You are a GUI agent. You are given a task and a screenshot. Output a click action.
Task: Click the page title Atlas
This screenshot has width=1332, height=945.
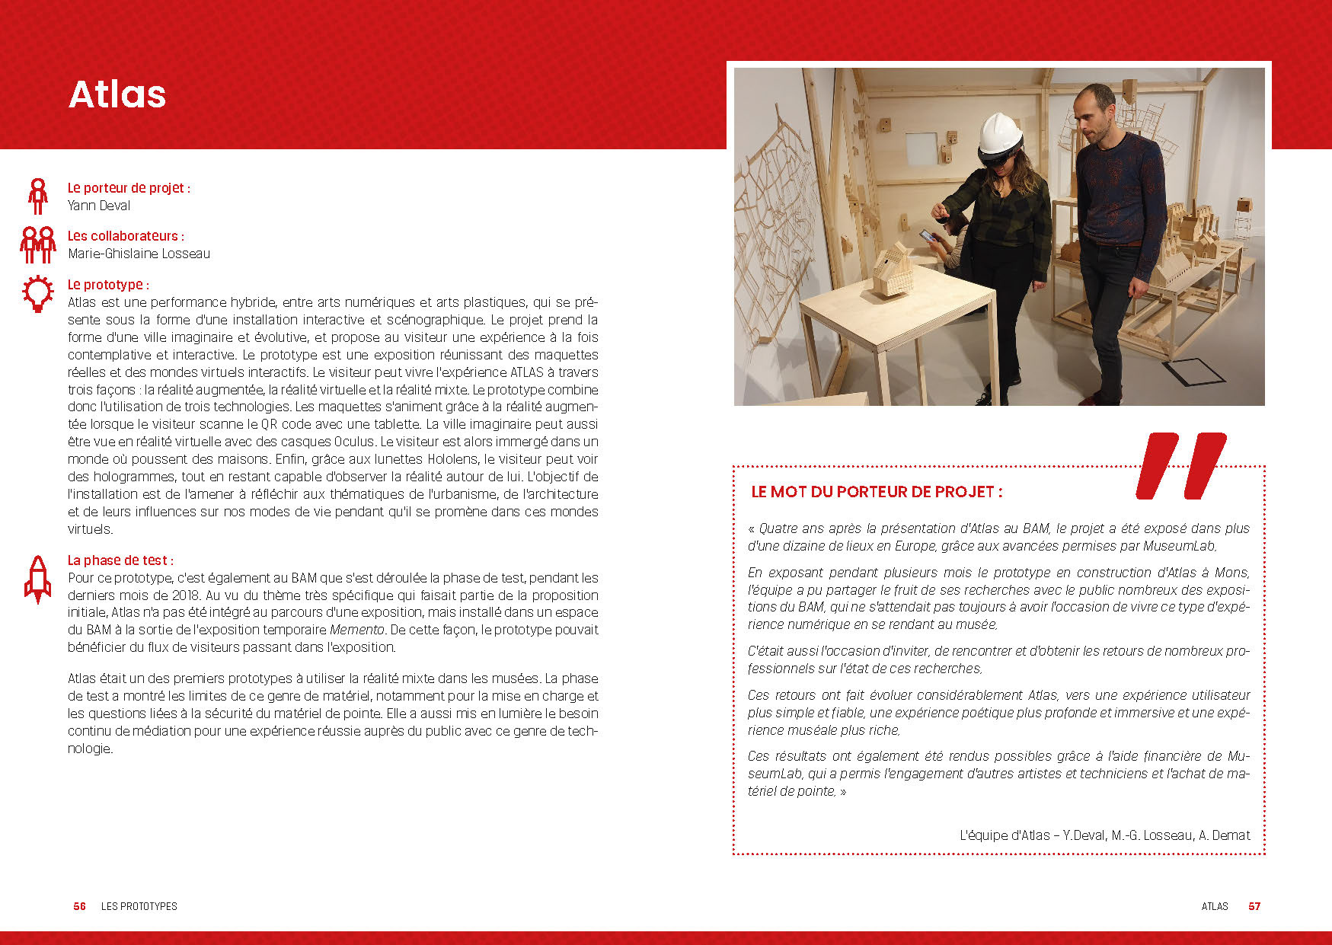pyautogui.click(x=117, y=94)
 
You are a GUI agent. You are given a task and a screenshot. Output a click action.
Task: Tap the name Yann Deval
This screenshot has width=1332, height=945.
pyautogui.click(x=99, y=206)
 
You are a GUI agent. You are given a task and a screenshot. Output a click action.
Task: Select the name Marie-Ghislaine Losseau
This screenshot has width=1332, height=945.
pyautogui.click(x=139, y=254)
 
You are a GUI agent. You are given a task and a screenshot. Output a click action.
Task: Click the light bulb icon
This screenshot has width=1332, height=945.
pyautogui.click(x=37, y=294)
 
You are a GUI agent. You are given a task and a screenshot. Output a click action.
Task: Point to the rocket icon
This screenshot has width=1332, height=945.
pyautogui.click(x=37, y=579)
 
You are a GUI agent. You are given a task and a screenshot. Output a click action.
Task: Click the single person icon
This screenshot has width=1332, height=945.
pyautogui.click(x=37, y=196)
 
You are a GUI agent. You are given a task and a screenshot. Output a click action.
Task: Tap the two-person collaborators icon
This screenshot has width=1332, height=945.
pyautogui.click(x=37, y=244)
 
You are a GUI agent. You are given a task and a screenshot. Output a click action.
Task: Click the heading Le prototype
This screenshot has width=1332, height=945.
pyautogui.click(x=108, y=285)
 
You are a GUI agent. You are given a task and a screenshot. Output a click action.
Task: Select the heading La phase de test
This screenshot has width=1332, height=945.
pyautogui.click(x=120, y=560)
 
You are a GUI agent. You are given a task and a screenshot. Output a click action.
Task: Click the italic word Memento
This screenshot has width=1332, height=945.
pyautogui.click(x=356, y=630)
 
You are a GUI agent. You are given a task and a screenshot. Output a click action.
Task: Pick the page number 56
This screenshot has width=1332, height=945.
pyautogui.click(x=79, y=906)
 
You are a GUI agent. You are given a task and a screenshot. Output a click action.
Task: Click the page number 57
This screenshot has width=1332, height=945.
pyautogui.click(x=1254, y=906)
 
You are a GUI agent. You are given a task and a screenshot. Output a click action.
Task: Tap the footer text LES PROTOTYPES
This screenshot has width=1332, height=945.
pyautogui.click(x=139, y=906)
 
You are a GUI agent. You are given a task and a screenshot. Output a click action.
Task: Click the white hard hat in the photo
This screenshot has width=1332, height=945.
pyautogui.click(x=999, y=134)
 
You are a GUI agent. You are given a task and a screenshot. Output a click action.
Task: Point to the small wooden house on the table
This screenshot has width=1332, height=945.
pyautogui.click(x=893, y=270)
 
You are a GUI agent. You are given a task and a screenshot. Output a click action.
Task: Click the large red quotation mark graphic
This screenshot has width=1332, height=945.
pyautogui.click(x=1180, y=466)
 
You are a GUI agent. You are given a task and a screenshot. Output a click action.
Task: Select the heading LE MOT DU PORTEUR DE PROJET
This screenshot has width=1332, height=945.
pyautogui.click(x=877, y=492)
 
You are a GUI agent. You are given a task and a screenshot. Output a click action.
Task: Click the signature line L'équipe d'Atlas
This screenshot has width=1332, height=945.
pyautogui.click(x=1104, y=835)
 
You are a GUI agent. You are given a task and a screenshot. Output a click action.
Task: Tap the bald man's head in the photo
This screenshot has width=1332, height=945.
pyautogui.click(x=1095, y=110)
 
